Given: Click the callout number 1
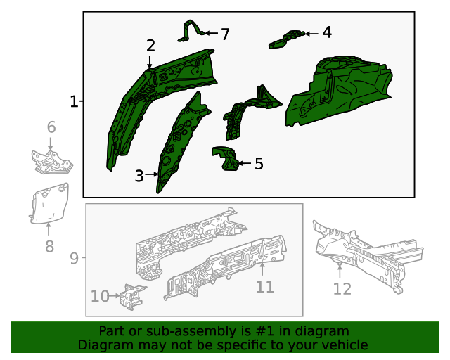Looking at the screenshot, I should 74,102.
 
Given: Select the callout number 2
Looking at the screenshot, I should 150,46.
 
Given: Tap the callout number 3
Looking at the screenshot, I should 139,176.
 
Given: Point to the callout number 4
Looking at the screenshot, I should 327,32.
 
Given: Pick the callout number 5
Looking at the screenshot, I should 259,164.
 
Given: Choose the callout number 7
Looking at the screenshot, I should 225,34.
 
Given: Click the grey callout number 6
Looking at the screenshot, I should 51,127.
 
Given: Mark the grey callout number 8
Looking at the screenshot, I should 49,246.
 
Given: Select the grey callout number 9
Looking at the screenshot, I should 74,259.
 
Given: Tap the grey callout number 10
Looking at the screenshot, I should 100,296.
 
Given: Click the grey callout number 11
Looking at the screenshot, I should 264,286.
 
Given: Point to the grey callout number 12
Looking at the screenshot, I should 342,288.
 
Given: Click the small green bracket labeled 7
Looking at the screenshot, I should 191,32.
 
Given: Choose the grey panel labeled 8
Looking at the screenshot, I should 49,203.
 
